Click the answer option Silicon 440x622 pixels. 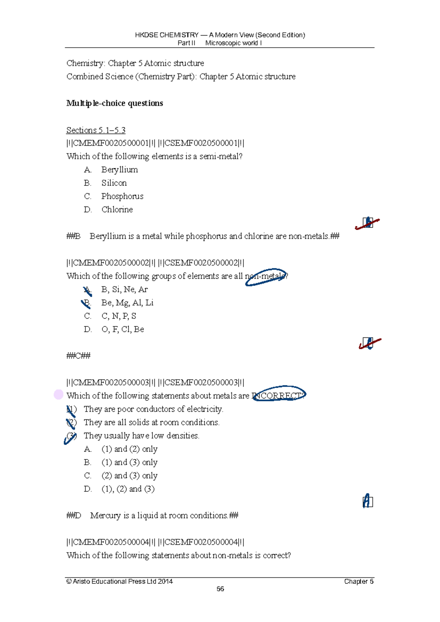(x=114, y=183)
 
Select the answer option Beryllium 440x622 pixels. (x=120, y=169)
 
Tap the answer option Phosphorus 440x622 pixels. (x=122, y=196)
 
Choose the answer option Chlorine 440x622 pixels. (x=117, y=209)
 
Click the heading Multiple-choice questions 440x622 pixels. (x=114, y=103)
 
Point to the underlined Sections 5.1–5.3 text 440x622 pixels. (x=96, y=130)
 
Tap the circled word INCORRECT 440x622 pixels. (x=279, y=395)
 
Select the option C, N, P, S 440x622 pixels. (x=118, y=316)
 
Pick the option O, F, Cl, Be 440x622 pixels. (x=122, y=329)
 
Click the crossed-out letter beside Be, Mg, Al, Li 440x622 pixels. (x=87, y=303)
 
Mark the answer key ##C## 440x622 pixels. (x=78, y=356)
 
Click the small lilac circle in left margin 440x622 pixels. (x=59, y=394)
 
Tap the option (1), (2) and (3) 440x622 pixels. (x=128, y=489)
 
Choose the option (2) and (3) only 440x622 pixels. (x=129, y=476)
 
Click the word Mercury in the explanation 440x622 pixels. (x=105, y=516)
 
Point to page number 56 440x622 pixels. (x=220, y=589)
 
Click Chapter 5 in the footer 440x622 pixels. (x=359, y=581)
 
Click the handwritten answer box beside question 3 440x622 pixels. (x=367, y=501)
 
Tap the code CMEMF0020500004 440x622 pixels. (x=111, y=542)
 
